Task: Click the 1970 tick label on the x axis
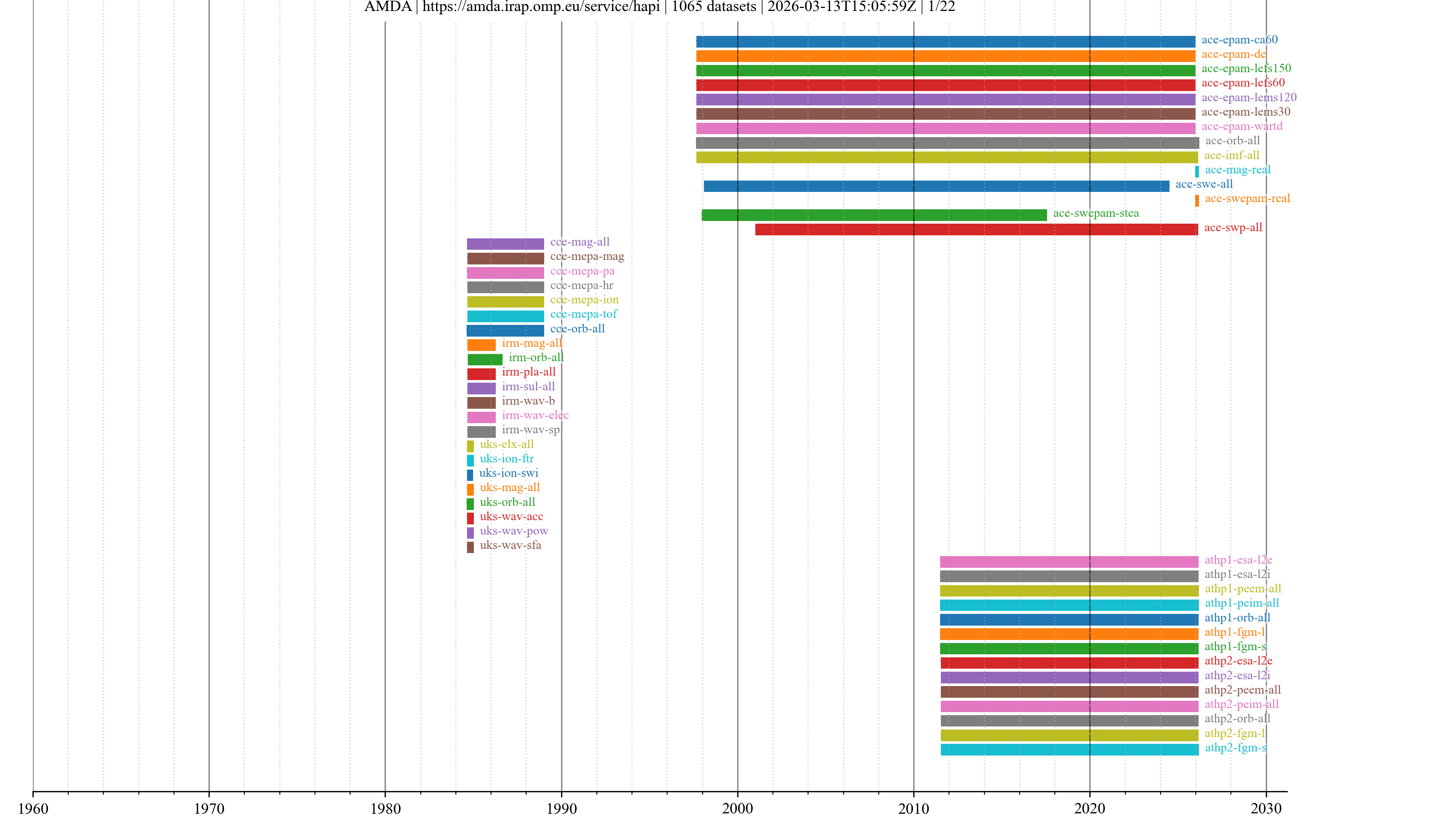tap(209, 808)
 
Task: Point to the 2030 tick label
tap(1266, 808)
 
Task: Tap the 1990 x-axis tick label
tap(561, 808)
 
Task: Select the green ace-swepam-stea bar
tap(874, 215)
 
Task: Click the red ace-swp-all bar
tap(976, 229)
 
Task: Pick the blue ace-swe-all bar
tap(936, 186)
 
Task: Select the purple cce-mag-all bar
tap(505, 244)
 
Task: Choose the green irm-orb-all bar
tap(484, 359)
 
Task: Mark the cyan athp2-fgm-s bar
tap(1069, 749)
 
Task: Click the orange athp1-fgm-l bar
tap(1069, 634)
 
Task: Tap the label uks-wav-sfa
tap(510, 545)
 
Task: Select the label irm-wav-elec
tap(535, 415)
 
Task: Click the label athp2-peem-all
tap(1242, 690)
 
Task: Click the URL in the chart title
tap(541, 7)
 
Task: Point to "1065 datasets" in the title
tap(714, 7)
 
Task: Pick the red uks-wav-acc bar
tap(470, 518)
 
